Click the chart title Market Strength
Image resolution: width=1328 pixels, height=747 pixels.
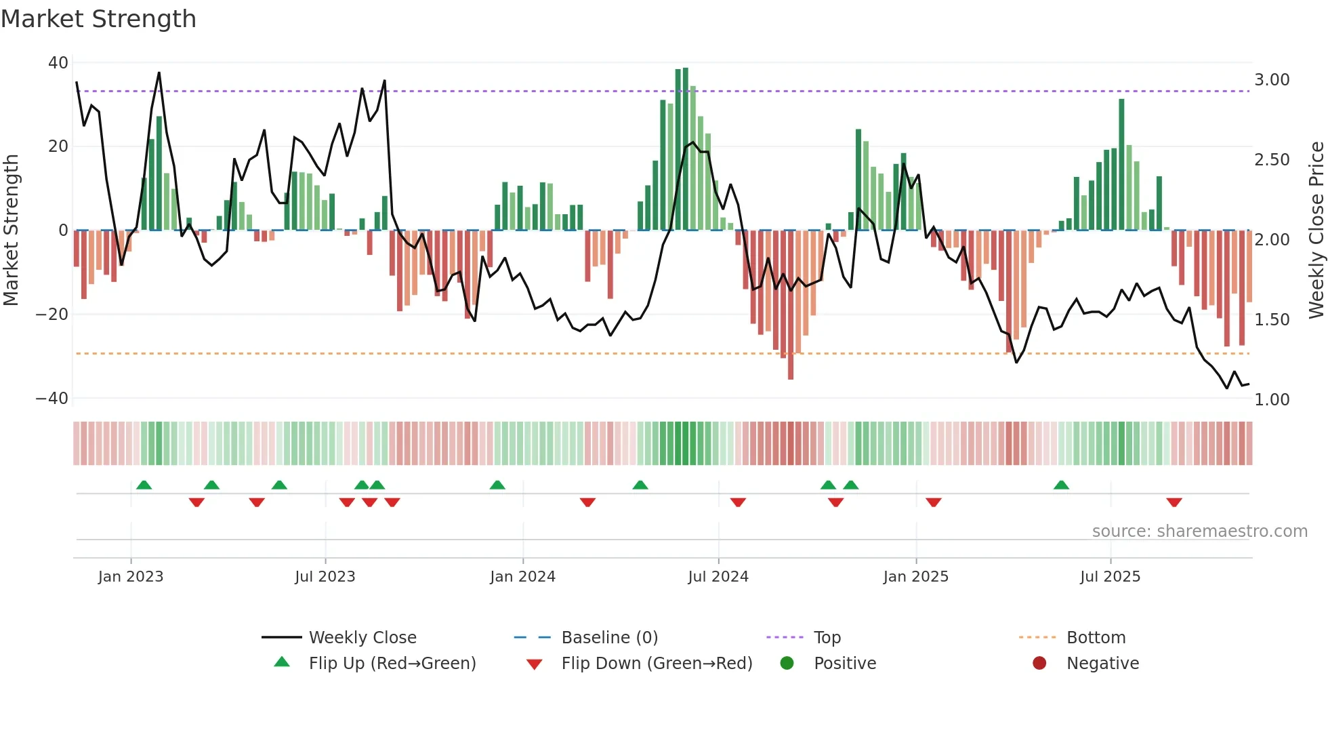98,19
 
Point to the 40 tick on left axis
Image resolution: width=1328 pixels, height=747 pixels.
58,63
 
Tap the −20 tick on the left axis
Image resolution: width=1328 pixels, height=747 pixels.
52,315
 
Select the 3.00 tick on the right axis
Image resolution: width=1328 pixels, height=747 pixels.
1272,80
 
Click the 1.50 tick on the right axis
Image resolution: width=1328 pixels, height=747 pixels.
1272,320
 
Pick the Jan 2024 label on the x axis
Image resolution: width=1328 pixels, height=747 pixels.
522,577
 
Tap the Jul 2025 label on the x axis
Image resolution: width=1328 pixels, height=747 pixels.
1110,577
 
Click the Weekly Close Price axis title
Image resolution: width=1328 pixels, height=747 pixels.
1316,230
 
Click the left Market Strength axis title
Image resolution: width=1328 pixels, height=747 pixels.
12,230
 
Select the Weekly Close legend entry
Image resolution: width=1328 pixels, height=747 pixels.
362,638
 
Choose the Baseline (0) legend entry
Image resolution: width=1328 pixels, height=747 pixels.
609,638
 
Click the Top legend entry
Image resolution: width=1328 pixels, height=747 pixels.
827,638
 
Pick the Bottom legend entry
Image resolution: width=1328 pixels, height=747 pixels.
1096,638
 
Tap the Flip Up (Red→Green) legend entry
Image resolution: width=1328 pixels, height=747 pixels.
392,664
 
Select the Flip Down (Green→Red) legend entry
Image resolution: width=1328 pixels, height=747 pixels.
657,664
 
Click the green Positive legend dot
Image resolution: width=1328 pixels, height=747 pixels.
787,664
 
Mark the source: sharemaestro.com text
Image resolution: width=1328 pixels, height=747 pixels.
1199,531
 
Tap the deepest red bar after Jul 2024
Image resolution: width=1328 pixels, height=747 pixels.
791,305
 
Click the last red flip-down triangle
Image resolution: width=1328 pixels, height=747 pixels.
1174,502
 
